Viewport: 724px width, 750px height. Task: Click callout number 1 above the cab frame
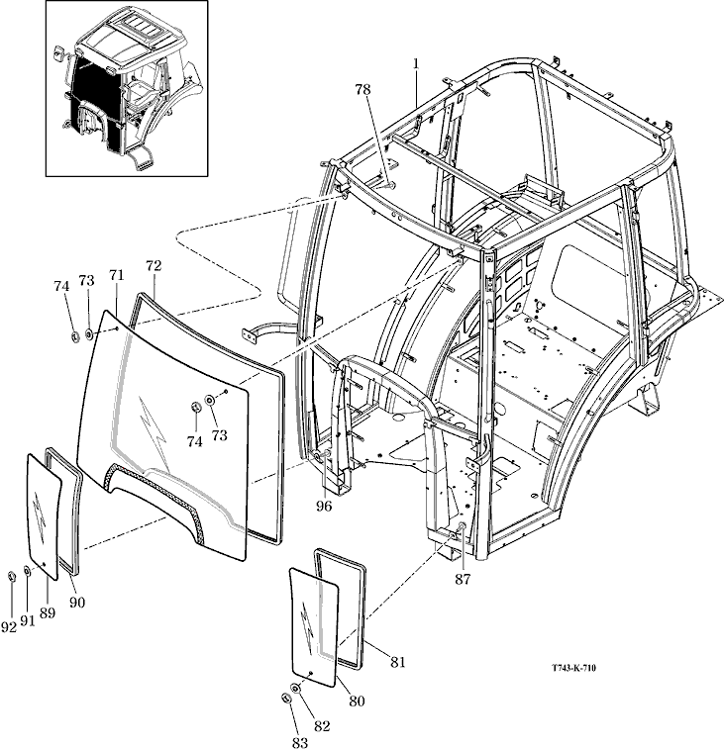417,63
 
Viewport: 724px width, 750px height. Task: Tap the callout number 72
153,266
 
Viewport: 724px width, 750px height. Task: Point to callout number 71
116,273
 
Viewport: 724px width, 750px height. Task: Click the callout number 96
324,508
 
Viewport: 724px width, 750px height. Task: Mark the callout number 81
397,662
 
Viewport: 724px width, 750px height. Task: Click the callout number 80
357,701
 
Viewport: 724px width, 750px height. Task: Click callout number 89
48,614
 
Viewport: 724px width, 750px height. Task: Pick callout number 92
9,625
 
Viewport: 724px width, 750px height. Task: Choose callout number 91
27,620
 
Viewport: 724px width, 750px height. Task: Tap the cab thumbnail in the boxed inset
127,88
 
